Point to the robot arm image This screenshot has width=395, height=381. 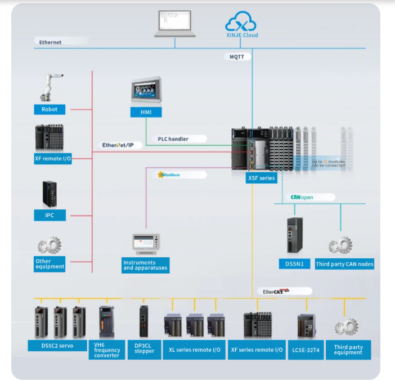coord(52,87)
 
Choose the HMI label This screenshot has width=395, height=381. coord(146,113)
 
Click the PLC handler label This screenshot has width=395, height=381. coord(173,138)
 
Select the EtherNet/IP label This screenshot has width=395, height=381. coord(118,145)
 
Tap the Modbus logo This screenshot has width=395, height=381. coord(169,174)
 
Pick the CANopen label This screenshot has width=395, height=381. coord(302,198)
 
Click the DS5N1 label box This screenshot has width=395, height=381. coord(294,263)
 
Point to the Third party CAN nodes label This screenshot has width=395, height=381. coord(344,263)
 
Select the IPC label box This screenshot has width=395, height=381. coord(50,215)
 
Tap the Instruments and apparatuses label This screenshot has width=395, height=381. coord(145,265)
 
